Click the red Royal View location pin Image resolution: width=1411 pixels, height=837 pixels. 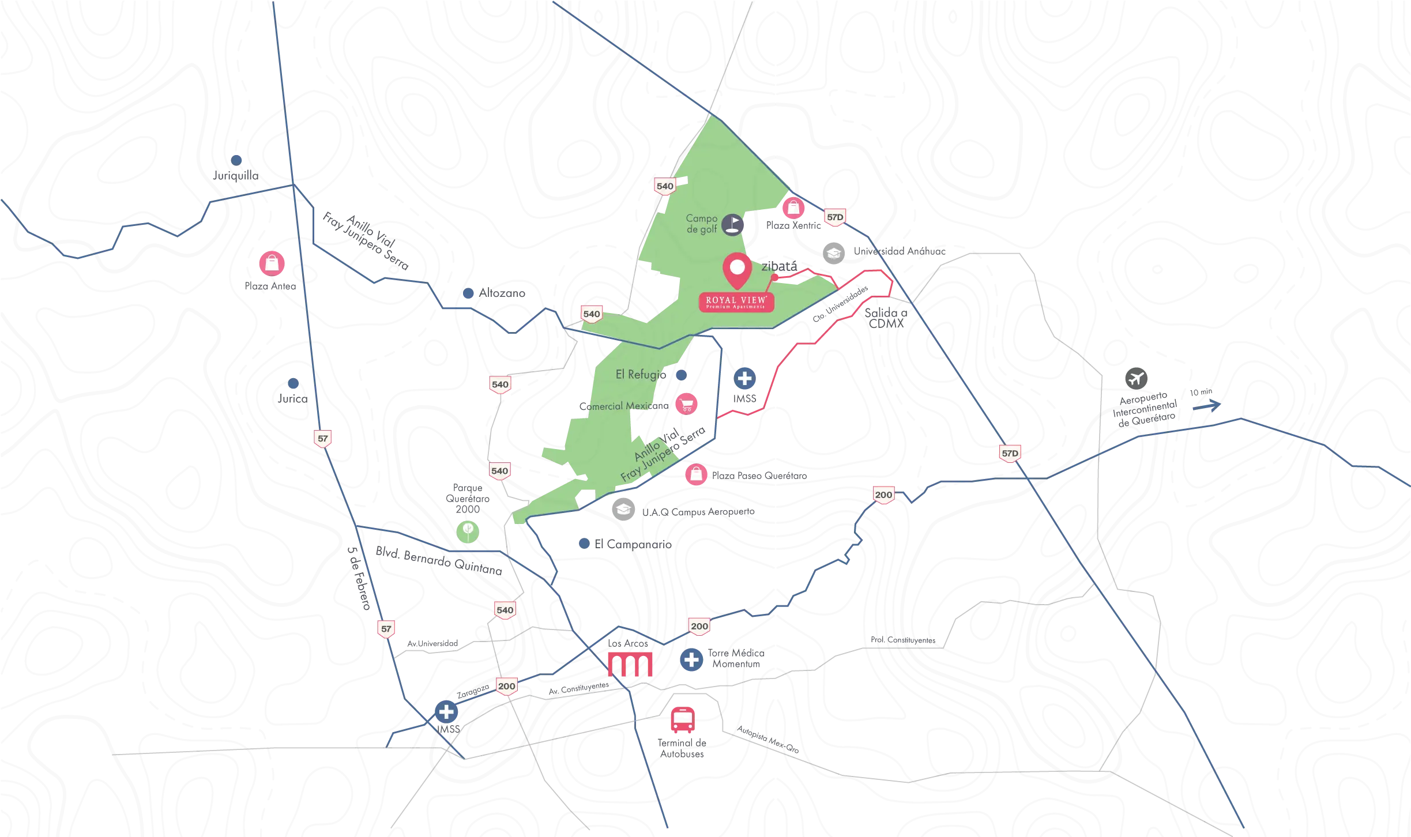(738, 270)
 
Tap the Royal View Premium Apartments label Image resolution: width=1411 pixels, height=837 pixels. (736, 301)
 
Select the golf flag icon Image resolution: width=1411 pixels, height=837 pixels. (733, 224)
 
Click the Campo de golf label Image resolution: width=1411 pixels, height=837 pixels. (701, 224)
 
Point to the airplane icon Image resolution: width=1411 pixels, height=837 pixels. (1136, 379)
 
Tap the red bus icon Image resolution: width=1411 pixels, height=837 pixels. (682, 720)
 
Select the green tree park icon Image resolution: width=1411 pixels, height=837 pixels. (468, 530)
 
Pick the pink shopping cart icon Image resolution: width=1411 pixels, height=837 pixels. (686, 404)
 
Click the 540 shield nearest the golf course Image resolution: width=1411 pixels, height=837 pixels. (665, 186)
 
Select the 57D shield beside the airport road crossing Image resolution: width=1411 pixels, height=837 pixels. (1010, 453)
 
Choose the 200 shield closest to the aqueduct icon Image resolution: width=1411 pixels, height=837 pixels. (699, 626)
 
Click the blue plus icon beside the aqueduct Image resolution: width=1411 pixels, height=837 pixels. (691, 659)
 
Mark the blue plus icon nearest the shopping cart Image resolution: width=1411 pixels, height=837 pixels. (744, 378)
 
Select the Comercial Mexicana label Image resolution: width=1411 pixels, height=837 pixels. (617, 406)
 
